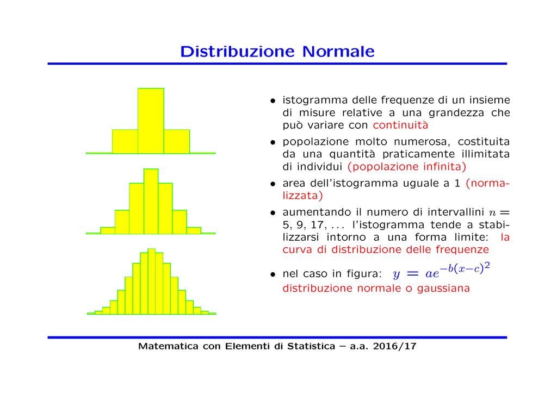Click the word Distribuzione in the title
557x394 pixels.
(x=237, y=52)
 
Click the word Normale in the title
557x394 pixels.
(x=338, y=52)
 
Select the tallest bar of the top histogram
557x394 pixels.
(x=151, y=121)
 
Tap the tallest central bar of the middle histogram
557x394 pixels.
(x=151, y=201)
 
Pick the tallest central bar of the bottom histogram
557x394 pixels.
(x=152, y=282)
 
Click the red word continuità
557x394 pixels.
(x=400, y=125)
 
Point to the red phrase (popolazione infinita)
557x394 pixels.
(x=407, y=166)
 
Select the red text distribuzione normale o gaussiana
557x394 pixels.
(x=376, y=288)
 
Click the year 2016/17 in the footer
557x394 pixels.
(x=394, y=346)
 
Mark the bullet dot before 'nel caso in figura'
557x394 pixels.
(x=273, y=274)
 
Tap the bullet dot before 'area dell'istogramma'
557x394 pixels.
(x=273, y=184)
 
